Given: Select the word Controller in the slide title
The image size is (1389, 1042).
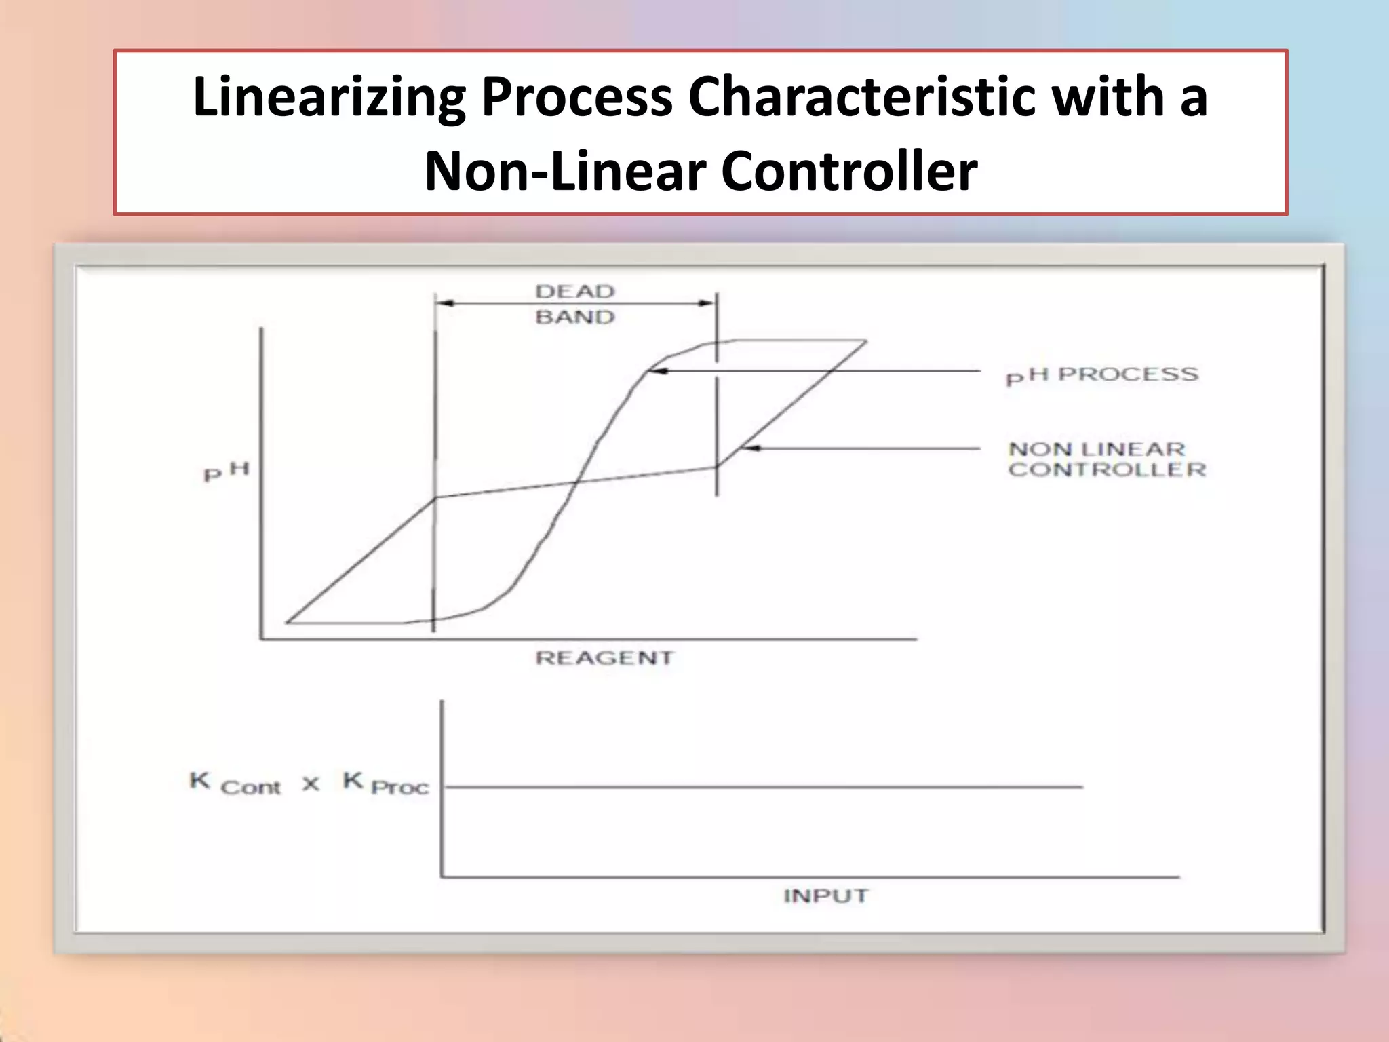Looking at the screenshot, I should [x=849, y=171].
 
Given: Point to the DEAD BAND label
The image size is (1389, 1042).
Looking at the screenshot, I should [x=575, y=304].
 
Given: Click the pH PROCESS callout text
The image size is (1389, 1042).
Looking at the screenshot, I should [x=1102, y=375].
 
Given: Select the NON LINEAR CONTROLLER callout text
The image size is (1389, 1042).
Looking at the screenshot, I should [x=1107, y=459].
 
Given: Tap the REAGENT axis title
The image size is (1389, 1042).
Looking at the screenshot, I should [x=604, y=658].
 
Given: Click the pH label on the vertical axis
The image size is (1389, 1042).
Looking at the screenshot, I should [x=227, y=471].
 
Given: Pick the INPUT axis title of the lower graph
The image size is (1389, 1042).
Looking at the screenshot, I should [x=825, y=896].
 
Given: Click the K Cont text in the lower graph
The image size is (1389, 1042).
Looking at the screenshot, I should [x=235, y=784].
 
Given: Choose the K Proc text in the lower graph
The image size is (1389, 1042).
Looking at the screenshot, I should [x=386, y=784].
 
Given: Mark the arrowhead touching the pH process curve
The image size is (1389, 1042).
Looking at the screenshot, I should [x=658, y=371].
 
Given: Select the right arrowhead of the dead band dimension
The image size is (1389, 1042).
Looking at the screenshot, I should [x=707, y=303].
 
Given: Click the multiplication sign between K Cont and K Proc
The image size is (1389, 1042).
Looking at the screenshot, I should [x=311, y=784].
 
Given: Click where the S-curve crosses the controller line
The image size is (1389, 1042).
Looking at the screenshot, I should [x=576, y=482].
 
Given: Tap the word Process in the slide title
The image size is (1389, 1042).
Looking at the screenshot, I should [x=577, y=97].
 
